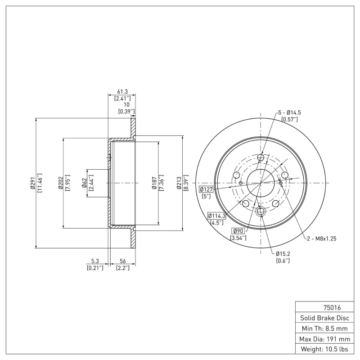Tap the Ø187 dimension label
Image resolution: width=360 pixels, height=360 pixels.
[x=154, y=183]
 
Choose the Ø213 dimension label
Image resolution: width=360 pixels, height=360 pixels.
[x=179, y=183]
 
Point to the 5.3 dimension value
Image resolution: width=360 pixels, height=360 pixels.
[x=94, y=261]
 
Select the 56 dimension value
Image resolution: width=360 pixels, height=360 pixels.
[x=122, y=261]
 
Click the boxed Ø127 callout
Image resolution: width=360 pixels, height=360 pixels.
[x=205, y=189]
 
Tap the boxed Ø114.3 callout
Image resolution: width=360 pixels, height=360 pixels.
[x=216, y=216]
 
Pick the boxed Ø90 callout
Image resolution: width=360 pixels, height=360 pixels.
[x=238, y=231]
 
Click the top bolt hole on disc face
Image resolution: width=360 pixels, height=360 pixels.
[x=261, y=157]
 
